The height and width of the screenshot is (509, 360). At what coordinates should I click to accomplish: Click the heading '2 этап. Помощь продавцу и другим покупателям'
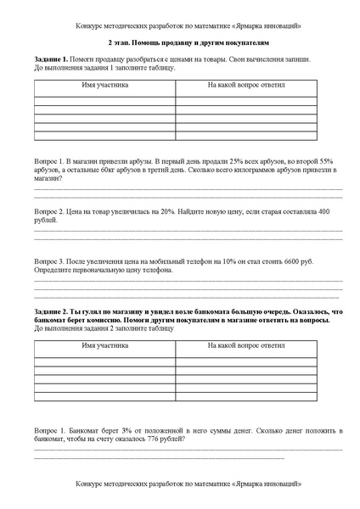[181, 42]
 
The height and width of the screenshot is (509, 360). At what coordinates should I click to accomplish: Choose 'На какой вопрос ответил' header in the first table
[246, 86]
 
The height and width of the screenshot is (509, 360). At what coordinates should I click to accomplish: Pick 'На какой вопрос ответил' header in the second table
[246, 346]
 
